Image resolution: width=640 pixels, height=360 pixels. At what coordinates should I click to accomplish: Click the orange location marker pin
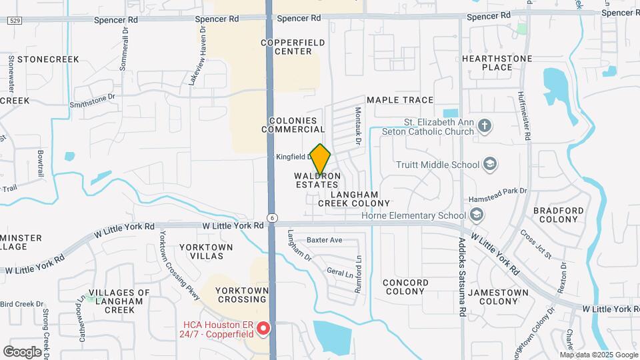[321, 160]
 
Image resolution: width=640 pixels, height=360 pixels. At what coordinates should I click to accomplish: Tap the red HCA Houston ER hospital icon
[263, 329]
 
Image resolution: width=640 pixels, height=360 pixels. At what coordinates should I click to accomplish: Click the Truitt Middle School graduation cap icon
[490, 165]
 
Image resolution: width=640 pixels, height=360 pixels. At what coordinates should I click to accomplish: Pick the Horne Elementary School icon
[477, 215]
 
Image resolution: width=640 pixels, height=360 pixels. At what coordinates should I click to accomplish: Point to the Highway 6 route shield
[273, 218]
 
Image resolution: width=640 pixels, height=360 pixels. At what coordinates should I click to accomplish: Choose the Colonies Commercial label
[297, 125]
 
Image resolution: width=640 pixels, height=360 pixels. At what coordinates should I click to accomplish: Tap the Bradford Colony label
[559, 215]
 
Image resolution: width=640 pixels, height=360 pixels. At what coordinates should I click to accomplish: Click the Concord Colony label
[405, 287]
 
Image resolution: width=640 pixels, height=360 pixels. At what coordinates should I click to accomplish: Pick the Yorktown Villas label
[206, 251]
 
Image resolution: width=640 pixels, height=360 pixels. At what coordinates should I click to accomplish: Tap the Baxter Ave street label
[324, 240]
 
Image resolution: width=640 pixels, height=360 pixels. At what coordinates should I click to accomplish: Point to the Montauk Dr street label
[358, 127]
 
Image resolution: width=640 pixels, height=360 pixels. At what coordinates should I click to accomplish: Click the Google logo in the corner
[23, 351]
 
